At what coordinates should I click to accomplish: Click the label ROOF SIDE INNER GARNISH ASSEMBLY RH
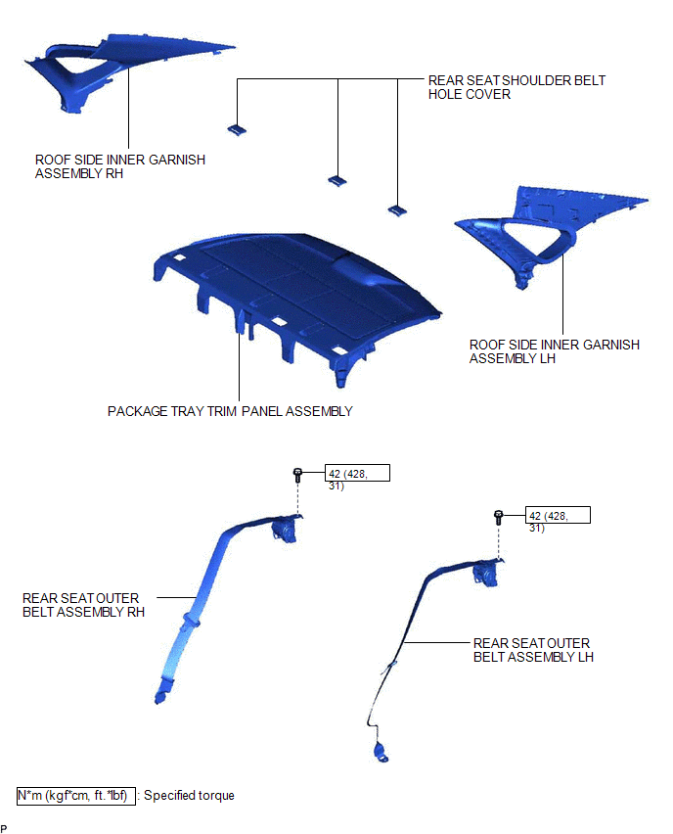(120, 166)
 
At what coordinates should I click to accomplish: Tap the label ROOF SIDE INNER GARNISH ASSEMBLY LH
(554, 351)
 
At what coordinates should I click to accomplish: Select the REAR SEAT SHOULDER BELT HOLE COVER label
(516, 87)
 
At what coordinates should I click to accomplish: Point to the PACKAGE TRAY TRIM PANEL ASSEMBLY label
(230, 411)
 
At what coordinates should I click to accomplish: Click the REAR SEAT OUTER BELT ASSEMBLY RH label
(83, 605)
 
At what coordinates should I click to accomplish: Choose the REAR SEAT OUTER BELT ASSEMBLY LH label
(533, 650)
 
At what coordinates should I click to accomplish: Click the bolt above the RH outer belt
(297, 475)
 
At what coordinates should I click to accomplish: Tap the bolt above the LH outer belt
(498, 517)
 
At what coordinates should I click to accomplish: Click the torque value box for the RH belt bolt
(357, 473)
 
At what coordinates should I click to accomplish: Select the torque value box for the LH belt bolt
(558, 515)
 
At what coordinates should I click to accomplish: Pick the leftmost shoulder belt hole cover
(237, 130)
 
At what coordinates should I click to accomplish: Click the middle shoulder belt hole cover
(337, 181)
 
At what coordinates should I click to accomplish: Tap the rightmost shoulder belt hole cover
(397, 210)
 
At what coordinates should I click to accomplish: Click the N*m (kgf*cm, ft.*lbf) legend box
(76, 796)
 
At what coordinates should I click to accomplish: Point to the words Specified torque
(189, 796)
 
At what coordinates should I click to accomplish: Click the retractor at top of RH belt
(285, 530)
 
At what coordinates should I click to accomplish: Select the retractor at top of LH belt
(486, 574)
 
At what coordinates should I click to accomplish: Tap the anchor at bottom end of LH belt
(381, 753)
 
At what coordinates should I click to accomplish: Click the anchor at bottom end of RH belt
(160, 696)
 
